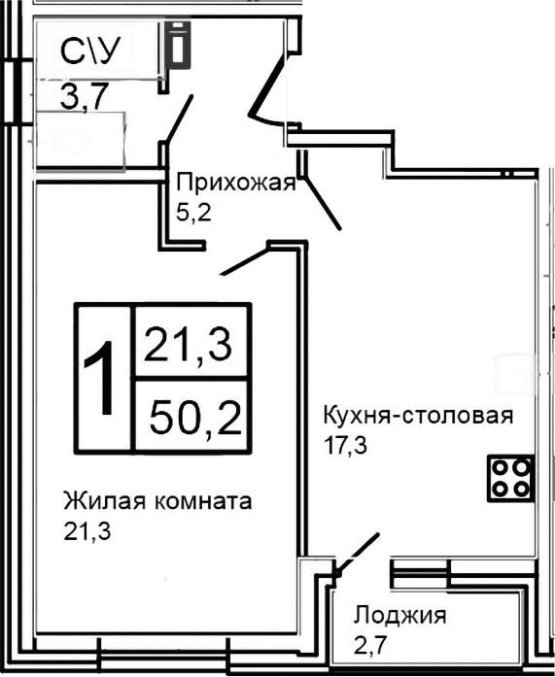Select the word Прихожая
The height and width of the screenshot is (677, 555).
pos(235,182)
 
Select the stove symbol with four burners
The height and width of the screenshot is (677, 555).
pos(511,478)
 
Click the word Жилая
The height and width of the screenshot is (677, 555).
pos(97,501)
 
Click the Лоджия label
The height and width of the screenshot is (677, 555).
pos(399,615)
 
